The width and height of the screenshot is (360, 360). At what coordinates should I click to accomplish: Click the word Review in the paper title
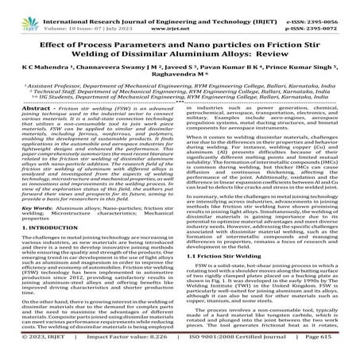[x=277, y=54]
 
